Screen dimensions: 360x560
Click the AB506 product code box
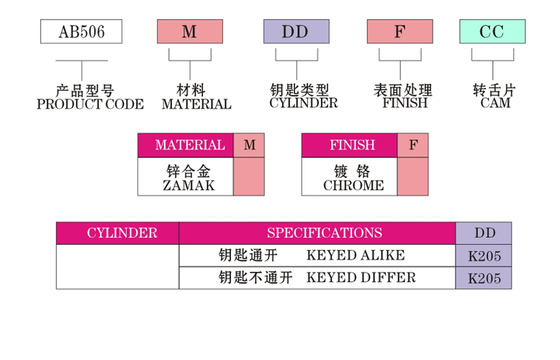coord(81,32)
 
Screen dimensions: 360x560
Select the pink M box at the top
coord(190,32)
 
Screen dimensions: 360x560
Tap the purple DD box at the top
coord(296,32)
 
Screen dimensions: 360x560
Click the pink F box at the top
coord(399,32)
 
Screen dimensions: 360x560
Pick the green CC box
coord(492,32)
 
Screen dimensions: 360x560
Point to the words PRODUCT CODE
coord(90,104)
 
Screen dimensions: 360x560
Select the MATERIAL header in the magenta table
coord(186,145)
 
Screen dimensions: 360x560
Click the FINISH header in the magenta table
coord(349,145)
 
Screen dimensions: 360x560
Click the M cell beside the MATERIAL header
coord(249,145)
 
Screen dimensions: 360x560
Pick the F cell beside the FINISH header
coord(412,145)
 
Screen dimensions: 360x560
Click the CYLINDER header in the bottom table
coord(118,233)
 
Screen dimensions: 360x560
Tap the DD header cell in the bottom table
coord(484,233)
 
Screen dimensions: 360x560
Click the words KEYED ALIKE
coord(356,256)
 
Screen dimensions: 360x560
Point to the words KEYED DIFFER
coord(361,278)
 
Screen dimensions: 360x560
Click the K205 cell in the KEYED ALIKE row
coord(484,256)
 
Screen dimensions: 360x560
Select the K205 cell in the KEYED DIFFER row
coord(484,279)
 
